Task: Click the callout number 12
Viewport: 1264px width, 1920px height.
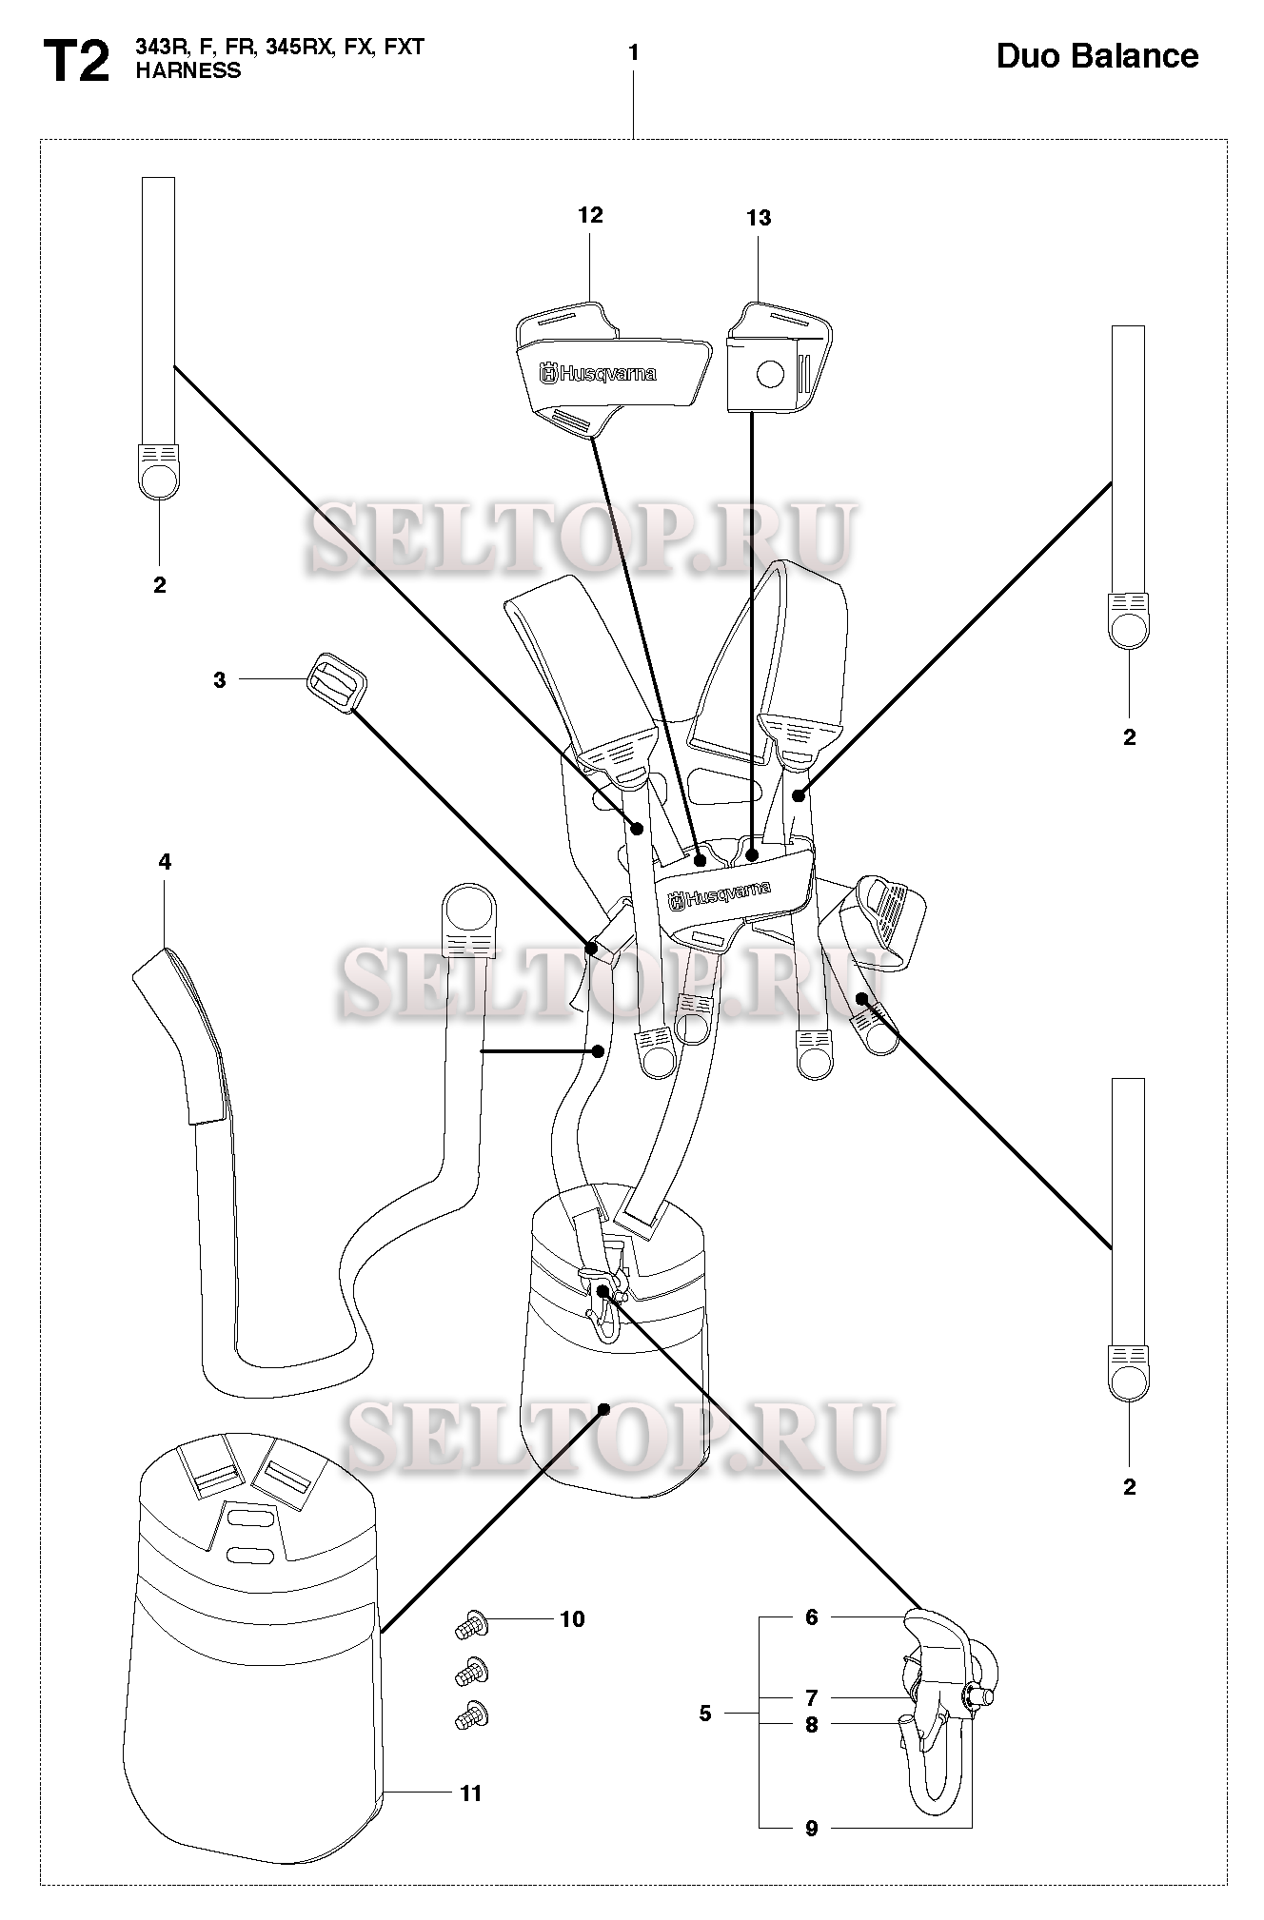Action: [590, 215]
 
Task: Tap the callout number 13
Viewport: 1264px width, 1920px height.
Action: [759, 218]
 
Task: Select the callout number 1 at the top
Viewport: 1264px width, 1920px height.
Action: [634, 53]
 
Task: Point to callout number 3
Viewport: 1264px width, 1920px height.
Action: [220, 680]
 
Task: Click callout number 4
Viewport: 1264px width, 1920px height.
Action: [165, 862]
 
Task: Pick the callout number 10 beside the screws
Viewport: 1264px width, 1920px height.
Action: [572, 1618]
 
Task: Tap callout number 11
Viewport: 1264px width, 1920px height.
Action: [471, 1793]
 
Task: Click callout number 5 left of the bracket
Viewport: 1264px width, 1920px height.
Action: [705, 1714]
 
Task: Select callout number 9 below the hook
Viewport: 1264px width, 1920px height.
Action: [812, 1828]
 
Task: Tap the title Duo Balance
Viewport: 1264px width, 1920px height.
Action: [1097, 56]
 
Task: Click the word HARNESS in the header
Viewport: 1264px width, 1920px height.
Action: [188, 71]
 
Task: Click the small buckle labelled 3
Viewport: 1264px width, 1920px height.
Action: [336, 680]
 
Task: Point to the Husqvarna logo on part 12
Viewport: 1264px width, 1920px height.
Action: [599, 374]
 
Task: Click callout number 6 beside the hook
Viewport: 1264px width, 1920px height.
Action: [812, 1616]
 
